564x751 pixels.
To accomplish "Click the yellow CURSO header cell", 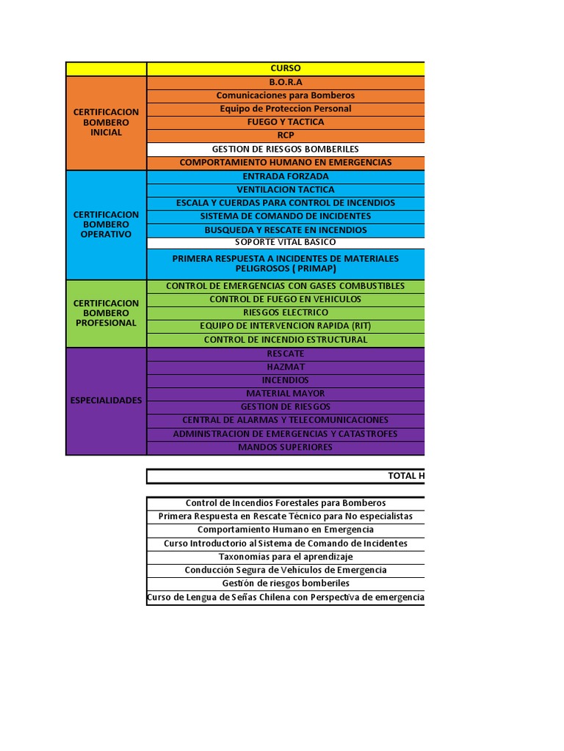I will click(285, 68).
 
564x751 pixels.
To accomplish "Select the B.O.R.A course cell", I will click(285, 82).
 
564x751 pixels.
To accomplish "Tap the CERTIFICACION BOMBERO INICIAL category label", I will click(106, 122).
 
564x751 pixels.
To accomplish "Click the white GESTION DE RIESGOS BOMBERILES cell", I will click(285, 149).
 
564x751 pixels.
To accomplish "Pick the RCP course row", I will click(285, 136).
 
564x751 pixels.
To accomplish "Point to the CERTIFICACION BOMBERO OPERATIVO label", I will click(106, 224).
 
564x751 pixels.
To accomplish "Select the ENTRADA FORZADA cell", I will click(285, 177).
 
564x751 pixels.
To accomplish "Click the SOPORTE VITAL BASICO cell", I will click(285, 242).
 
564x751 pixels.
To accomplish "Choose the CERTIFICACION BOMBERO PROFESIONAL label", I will click(106, 313).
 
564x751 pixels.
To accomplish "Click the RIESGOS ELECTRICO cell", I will click(285, 312).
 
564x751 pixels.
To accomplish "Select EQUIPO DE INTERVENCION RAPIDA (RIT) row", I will click(285, 326).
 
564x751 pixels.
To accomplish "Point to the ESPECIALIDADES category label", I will click(106, 400).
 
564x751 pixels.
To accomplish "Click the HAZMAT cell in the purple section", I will click(285, 367).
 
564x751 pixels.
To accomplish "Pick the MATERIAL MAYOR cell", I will click(285, 393).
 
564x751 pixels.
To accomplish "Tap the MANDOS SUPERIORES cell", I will click(285, 447).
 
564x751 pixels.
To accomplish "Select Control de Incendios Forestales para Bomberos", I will click(285, 503).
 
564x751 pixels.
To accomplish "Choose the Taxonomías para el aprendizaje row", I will click(285, 557).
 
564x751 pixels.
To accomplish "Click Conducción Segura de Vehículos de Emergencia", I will click(285, 570).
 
